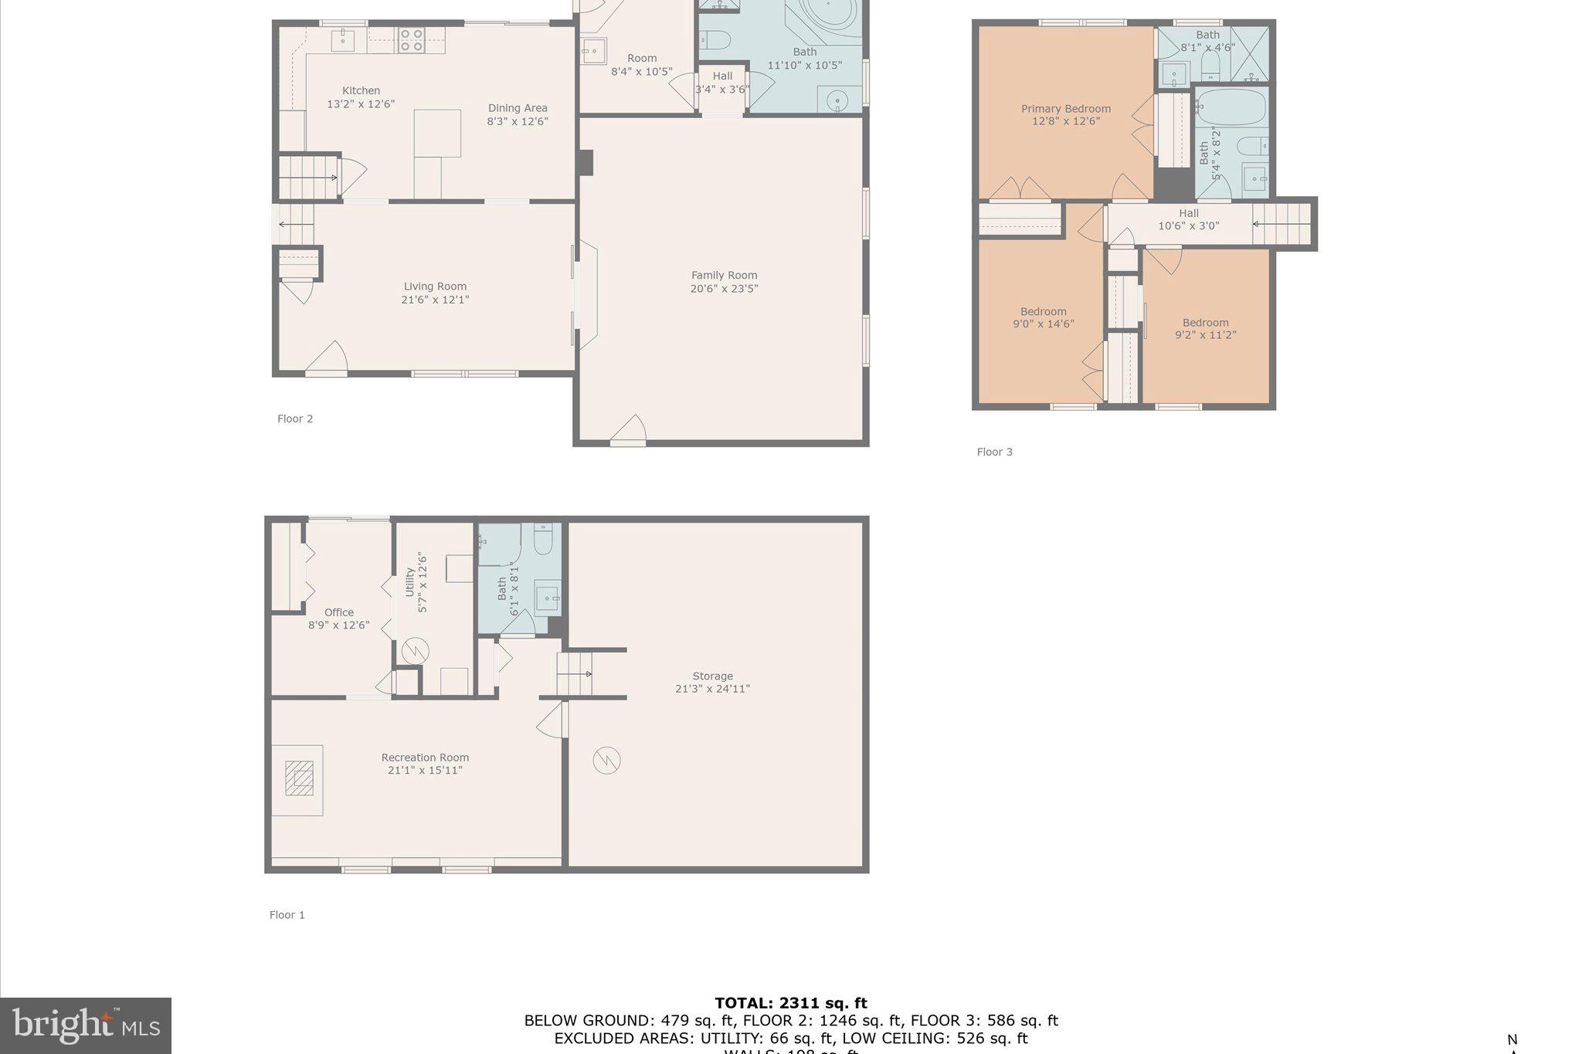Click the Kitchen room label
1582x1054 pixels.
point(361,91)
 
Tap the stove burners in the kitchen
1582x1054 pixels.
point(411,40)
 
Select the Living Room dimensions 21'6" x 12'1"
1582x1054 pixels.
point(435,300)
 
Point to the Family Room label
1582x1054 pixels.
point(724,276)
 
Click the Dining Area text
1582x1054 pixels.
point(518,109)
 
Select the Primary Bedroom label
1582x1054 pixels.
point(1065,109)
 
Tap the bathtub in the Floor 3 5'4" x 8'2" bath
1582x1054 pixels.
point(1231,107)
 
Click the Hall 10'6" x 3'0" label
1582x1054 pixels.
point(1188,219)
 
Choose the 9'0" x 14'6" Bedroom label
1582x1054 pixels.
point(1043,318)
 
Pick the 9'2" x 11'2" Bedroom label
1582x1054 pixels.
point(1205,329)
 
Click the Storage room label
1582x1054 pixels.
point(712,676)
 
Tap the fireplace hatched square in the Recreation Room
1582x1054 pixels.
point(299,778)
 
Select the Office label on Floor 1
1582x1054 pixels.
point(338,612)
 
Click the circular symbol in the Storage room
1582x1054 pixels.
point(606,761)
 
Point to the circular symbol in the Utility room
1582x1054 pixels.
point(415,651)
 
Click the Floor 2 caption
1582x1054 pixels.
point(295,419)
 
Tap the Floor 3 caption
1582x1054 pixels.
point(994,452)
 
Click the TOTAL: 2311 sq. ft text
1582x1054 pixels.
point(790,1003)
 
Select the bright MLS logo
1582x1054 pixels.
point(86,1025)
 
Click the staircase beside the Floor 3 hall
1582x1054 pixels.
point(1282,224)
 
